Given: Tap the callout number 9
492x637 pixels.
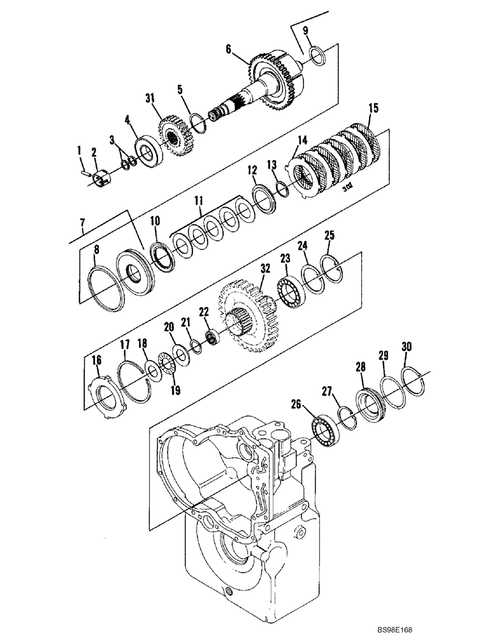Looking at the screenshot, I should pos(305,31).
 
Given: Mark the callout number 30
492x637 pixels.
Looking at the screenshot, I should pos(406,347).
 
